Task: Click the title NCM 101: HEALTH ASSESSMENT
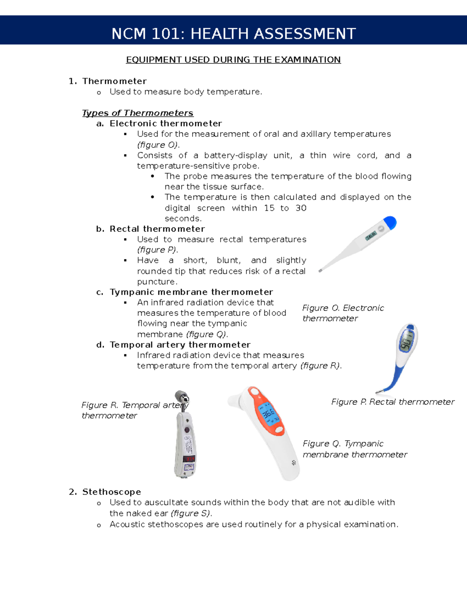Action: point(233,34)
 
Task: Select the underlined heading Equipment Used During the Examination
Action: point(233,60)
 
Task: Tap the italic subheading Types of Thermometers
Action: point(138,113)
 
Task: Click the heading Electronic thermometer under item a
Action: point(166,124)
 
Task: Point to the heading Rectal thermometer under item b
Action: point(157,229)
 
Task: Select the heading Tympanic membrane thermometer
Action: point(191,292)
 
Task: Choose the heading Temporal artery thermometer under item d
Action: point(180,345)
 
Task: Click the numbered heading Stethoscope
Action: point(112,492)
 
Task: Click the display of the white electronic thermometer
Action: point(371,236)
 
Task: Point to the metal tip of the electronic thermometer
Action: point(320,270)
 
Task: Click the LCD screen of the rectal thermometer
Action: point(406,341)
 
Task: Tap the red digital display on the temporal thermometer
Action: point(189,459)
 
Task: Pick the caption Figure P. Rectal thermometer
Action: point(393,402)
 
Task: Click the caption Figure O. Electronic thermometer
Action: point(342,313)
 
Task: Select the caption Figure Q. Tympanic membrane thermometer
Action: point(355,449)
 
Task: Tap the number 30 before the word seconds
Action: point(301,208)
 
